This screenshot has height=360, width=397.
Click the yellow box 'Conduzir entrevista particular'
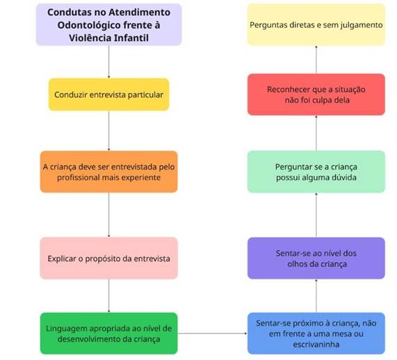coord(109,95)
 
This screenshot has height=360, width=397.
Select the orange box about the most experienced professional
coord(109,172)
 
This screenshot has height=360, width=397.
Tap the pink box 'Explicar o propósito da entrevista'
coord(109,259)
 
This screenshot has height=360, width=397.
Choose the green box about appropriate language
coord(109,334)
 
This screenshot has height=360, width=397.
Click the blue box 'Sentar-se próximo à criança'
coord(316,334)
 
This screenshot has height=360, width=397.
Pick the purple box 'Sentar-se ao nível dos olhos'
coord(316,259)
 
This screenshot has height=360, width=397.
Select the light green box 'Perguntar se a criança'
coord(316,172)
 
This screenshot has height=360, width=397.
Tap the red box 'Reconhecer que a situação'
coord(316,95)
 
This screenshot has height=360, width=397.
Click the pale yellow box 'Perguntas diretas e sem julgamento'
coord(316,24)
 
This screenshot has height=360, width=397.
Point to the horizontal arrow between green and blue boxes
coord(213,334)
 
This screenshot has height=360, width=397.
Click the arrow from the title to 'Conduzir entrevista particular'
coord(109,62)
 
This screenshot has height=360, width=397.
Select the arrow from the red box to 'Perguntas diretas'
coord(316,60)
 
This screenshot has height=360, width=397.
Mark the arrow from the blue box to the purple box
coord(316,295)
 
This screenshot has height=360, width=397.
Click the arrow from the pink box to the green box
coord(109,295)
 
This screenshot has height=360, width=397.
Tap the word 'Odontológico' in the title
coord(89,25)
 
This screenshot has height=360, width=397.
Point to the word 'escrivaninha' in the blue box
coord(316,344)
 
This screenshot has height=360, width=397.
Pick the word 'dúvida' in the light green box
coord(345,177)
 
